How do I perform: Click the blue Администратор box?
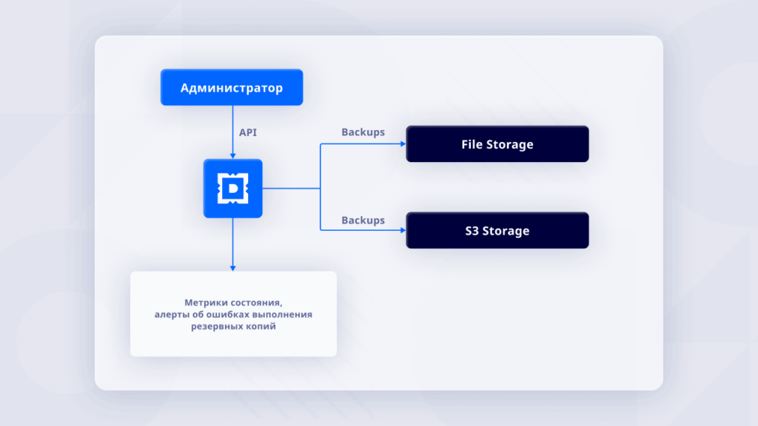pos(232,88)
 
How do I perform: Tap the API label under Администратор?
pos(248,132)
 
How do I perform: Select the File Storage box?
pos(497,144)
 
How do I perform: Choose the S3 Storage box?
pos(497,231)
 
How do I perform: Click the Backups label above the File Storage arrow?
pos(363,132)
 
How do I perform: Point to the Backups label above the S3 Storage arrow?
pos(363,220)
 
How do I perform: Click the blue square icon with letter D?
pos(233,189)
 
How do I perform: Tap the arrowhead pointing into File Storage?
pos(402,144)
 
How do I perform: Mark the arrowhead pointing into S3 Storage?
pos(402,231)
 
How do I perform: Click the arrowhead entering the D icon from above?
pos(233,155)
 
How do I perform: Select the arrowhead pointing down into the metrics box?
pos(233,267)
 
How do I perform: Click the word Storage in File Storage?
pos(509,144)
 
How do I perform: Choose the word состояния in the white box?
pos(256,302)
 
